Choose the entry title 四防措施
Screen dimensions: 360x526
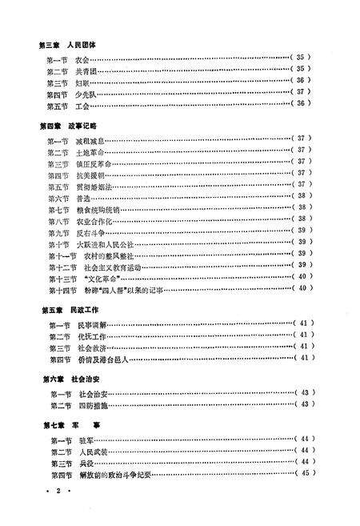pos(90,404)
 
